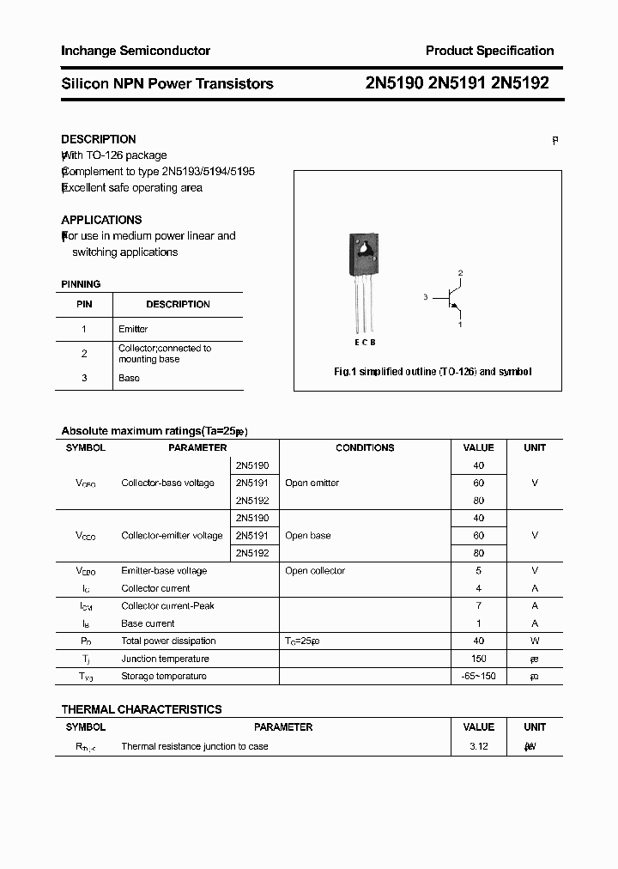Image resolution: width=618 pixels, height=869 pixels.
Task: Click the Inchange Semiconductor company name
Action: [x=136, y=51]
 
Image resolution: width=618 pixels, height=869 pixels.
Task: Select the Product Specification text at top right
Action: [x=489, y=51]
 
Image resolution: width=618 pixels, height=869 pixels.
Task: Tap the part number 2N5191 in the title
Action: [x=457, y=83]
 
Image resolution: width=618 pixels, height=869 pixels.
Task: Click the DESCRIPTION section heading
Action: [x=99, y=139]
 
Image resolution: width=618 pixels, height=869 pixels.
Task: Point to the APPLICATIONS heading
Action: [x=101, y=220]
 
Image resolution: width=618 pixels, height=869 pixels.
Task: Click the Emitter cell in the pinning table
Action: [x=133, y=329]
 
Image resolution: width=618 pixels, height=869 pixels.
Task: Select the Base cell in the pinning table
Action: [x=129, y=378]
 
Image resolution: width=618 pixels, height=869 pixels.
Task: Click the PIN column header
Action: [x=84, y=304]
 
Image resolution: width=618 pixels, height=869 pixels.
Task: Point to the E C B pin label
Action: [x=365, y=342]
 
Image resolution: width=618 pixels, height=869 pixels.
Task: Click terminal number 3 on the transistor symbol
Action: [x=425, y=297]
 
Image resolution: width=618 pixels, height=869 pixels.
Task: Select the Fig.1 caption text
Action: [x=433, y=372]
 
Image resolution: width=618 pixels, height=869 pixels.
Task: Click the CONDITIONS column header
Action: [x=365, y=447]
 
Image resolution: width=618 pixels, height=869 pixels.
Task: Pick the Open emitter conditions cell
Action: [x=312, y=483]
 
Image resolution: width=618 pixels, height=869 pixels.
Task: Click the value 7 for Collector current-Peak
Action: [x=478, y=605]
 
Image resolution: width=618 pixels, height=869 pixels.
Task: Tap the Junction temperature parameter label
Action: [x=165, y=659]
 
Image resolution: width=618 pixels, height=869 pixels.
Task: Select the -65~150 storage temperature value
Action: [x=478, y=676]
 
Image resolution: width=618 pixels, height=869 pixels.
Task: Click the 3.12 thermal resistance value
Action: [x=478, y=746]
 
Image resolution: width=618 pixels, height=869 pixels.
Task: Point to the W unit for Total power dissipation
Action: [x=535, y=641]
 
